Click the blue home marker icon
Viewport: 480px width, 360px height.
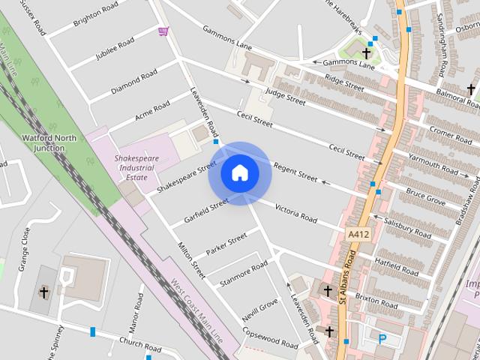point(239,173)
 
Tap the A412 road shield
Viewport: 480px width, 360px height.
point(358,235)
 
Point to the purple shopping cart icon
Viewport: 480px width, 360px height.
point(163,31)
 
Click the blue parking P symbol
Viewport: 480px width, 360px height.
point(382,339)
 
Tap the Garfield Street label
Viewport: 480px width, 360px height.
point(205,212)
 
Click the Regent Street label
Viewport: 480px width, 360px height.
point(295,171)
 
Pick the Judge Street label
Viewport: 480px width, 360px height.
point(286,96)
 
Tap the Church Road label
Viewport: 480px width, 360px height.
point(140,346)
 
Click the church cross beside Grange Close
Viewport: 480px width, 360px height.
point(43,292)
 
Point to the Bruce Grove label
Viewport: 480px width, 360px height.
point(425,197)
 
